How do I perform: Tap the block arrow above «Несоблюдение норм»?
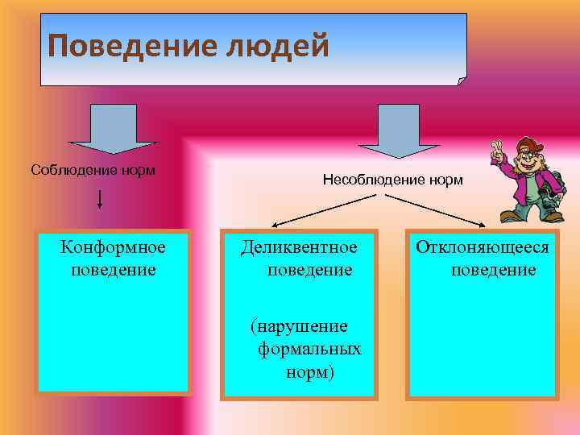tap(388, 129)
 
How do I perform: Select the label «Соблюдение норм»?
tap(93, 170)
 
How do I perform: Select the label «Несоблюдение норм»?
tap(392, 180)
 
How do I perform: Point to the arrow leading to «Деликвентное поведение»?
tap(314, 213)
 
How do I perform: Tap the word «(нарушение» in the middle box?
tap(299, 326)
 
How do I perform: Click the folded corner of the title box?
tap(462, 80)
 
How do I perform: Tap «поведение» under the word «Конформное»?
tap(113, 269)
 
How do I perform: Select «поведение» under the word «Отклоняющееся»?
tap(493, 269)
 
